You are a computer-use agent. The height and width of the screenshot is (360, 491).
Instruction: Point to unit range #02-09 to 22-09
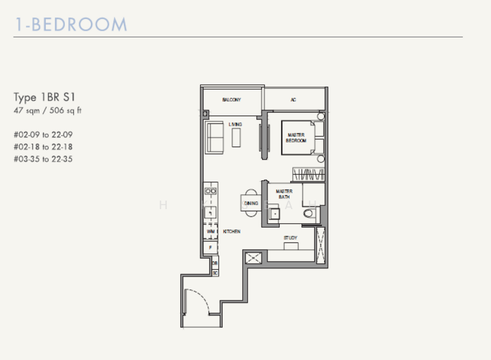pos(47,134)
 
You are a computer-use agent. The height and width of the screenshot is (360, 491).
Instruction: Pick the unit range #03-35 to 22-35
pos(47,159)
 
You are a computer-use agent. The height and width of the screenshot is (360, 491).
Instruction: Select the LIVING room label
pos(235,124)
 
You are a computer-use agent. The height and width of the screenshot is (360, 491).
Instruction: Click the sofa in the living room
pos(214,137)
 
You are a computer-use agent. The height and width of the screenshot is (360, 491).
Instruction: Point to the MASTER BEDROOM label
pos(296,137)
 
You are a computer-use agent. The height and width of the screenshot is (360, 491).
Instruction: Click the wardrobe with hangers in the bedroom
pos(307,173)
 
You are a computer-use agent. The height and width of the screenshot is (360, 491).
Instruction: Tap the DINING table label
pos(251,203)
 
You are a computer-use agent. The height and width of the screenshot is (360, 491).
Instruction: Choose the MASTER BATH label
pos(284,194)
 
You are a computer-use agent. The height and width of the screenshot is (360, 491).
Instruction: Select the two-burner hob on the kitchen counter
pos(210,191)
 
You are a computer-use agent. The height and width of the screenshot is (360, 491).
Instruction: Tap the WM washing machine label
pos(210,232)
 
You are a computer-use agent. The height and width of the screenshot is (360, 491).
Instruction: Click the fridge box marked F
pos(210,248)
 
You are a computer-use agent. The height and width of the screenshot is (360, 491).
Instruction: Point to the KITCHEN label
pos(231,232)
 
